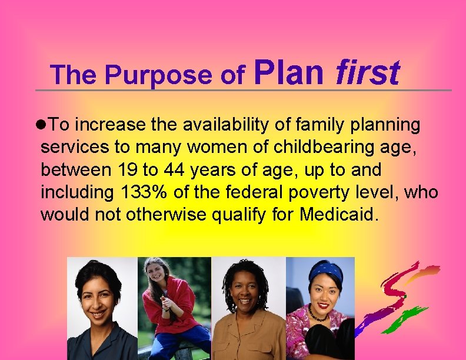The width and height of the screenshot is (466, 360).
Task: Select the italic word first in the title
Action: [x=367, y=73]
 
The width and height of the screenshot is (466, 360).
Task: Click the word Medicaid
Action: [x=337, y=215]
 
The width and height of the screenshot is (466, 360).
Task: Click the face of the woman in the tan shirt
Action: [x=247, y=297]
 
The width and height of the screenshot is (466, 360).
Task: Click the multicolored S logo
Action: [x=405, y=300]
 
